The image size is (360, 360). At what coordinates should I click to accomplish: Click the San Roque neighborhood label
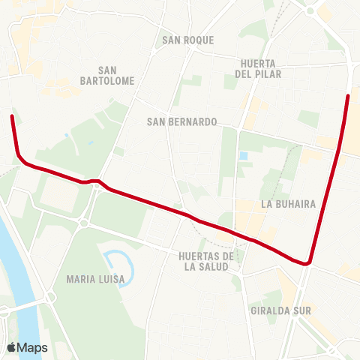click(187, 40)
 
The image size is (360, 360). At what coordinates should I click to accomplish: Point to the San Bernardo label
click(181, 121)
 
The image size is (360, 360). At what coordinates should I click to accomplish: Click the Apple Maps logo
click(28, 347)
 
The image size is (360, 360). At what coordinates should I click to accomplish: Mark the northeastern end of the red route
click(348, 96)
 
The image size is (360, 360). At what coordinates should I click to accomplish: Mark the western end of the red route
click(11, 115)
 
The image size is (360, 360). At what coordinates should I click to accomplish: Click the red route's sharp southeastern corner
click(307, 263)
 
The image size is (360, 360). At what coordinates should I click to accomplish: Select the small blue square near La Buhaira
click(243, 156)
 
